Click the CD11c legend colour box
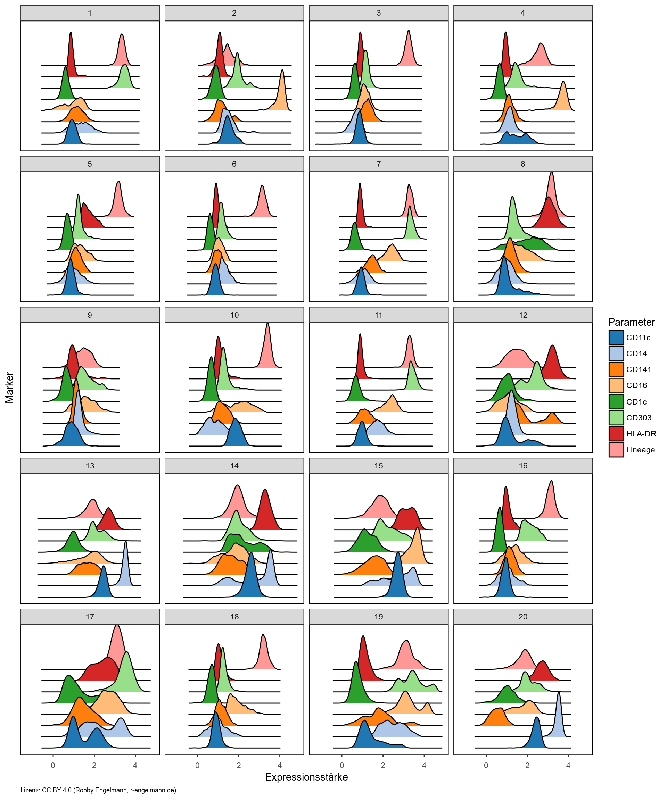tap(616, 337)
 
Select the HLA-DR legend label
tap(641, 434)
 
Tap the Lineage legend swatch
tap(616, 450)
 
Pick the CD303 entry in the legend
tap(639, 417)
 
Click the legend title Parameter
tap(631, 322)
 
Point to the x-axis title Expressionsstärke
tap(306, 777)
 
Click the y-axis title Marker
tap(9, 387)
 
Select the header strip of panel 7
tap(378, 164)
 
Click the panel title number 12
tap(523, 315)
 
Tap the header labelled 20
tap(523, 617)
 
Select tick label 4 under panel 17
tap(135, 765)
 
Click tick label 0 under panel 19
tap(342, 765)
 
